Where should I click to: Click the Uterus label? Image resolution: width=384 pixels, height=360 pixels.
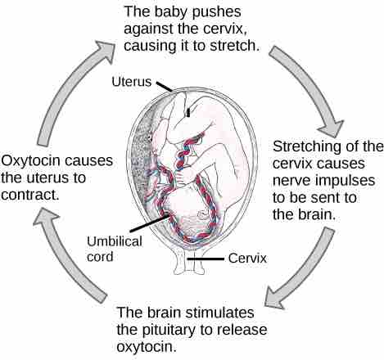[131, 82]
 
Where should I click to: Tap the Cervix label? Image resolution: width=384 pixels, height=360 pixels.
[247, 258]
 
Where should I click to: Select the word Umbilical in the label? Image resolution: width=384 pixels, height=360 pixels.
[115, 241]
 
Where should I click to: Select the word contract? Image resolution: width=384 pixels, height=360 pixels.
[30, 195]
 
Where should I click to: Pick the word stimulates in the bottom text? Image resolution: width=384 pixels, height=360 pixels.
[219, 313]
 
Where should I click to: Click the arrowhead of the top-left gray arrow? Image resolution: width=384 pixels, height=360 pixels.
[105, 51]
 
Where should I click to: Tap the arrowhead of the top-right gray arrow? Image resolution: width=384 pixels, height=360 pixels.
[333, 129]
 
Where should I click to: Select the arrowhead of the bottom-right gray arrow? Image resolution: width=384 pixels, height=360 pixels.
[275, 297]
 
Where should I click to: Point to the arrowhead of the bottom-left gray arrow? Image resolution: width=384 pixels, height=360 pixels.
[45, 216]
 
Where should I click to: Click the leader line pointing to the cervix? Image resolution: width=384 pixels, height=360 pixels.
[206, 259]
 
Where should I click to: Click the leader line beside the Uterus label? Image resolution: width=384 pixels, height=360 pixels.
[165, 87]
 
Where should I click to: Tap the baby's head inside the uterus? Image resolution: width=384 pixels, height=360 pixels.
[191, 209]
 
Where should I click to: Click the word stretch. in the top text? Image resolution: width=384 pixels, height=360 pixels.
[234, 46]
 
